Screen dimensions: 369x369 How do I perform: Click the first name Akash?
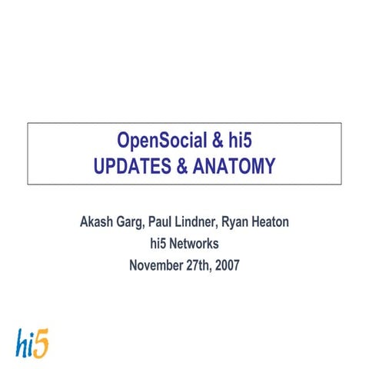click(98, 224)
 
